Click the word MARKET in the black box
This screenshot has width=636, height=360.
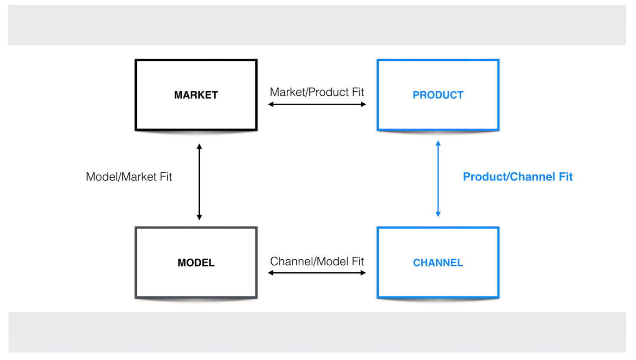pyautogui.click(x=196, y=95)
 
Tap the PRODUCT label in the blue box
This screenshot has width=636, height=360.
pyautogui.click(x=438, y=95)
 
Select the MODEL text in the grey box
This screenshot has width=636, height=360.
pyautogui.click(x=196, y=262)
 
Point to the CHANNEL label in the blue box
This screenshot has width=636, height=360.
pyautogui.click(x=438, y=262)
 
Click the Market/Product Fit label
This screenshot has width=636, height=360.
pyautogui.click(x=317, y=92)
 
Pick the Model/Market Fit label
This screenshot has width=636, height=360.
pyautogui.click(x=129, y=176)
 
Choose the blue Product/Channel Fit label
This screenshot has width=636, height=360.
pyautogui.click(x=518, y=176)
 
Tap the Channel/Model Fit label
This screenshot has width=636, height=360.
pyautogui.click(x=317, y=261)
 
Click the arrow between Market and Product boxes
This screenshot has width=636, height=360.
pyautogui.click(x=317, y=104)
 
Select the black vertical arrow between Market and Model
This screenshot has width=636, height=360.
pyautogui.click(x=199, y=182)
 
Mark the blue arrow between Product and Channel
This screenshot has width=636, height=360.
pyautogui.click(x=438, y=179)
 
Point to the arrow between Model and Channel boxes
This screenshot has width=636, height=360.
pyautogui.click(x=317, y=273)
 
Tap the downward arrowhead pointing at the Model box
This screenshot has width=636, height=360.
pyautogui.click(x=199, y=217)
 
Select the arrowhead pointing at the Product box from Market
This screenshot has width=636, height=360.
pyautogui.click(x=363, y=104)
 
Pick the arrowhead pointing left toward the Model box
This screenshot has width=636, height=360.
pyautogui.click(x=270, y=273)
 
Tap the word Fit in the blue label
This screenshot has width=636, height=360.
pyautogui.click(x=566, y=176)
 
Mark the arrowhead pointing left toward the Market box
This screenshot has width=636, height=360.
pyautogui.click(x=271, y=104)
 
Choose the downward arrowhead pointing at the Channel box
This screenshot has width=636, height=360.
pyautogui.click(x=438, y=214)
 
